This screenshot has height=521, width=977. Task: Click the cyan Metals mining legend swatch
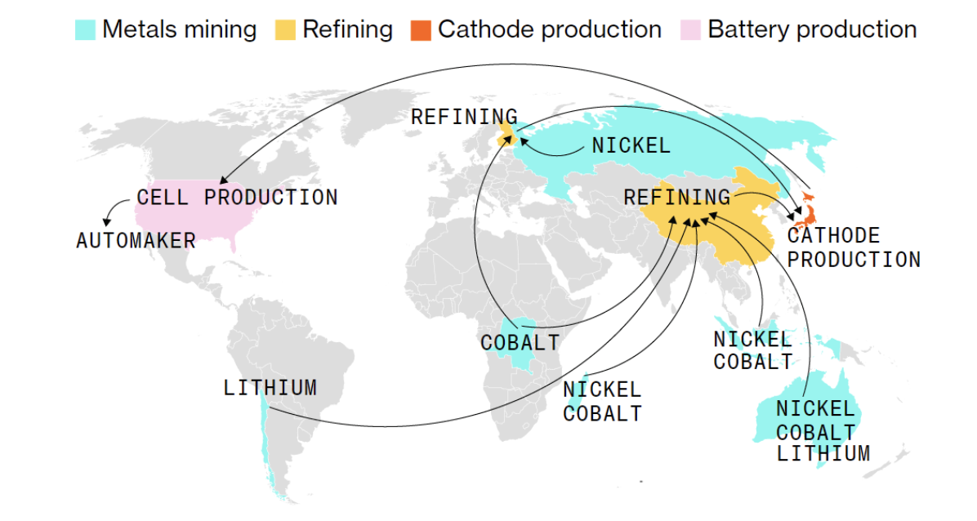pyautogui.click(x=85, y=30)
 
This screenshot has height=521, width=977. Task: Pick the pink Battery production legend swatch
pyautogui.click(x=691, y=30)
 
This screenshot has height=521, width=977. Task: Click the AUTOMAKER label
pyautogui.click(x=136, y=241)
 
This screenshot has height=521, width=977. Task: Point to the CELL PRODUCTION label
pyautogui.click(x=237, y=198)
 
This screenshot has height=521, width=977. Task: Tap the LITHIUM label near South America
pyautogui.click(x=270, y=387)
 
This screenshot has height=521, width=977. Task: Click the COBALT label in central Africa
pyautogui.click(x=520, y=342)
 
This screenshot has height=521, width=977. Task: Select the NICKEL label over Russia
pyautogui.click(x=631, y=146)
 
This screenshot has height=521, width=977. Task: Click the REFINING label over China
pyautogui.click(x=676, y=198)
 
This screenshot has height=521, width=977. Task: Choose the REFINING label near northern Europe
pyautogui.click(x=463, y=117)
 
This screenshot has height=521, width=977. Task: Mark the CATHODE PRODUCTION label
pyautogui.click(x=853, y=248)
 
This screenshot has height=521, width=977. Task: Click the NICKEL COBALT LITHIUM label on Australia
pyautogui.click(x=822, y=431)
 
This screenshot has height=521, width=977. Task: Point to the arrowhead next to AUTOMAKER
pyautogui.click(x=107, y=222)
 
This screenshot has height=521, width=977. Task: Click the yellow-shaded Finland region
pyautogui.click(x=507, y=131)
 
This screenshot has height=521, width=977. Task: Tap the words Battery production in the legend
pyautogui.click(x=812, y=30)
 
